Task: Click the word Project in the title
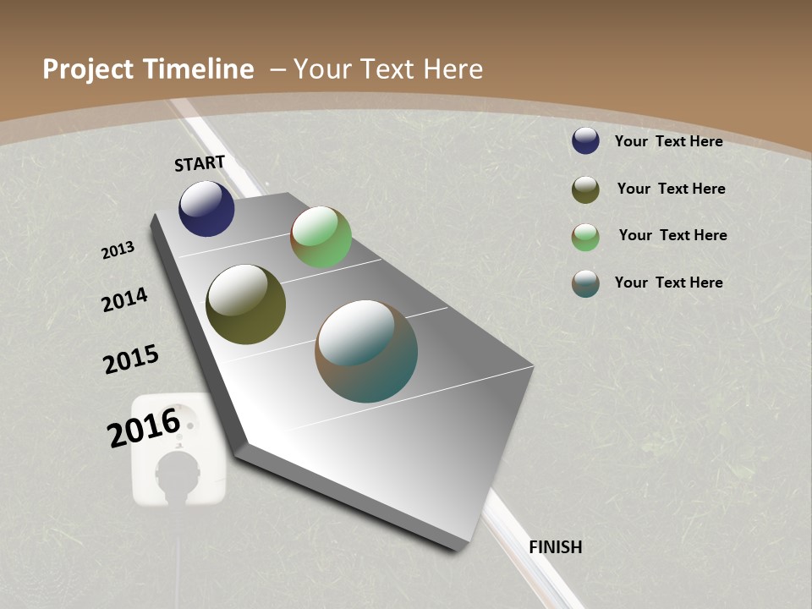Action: point(88,69)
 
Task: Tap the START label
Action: point(200,163)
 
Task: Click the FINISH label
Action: point(556,547)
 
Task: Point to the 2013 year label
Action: point(118,250)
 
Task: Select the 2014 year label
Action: point(125,299)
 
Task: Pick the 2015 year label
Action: point(131,359)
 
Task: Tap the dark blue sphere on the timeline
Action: point(206,208)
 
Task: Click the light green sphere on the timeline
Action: point(321,237)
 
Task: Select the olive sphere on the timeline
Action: point(245,304)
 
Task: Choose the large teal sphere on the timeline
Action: point(366,351)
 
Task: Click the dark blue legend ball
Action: point(585,140)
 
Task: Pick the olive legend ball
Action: point(585,189)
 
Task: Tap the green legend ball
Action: point(585,237)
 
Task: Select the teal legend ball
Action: point(585,283)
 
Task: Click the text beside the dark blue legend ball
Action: point(668,141)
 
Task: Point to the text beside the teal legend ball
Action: point(668,283)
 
